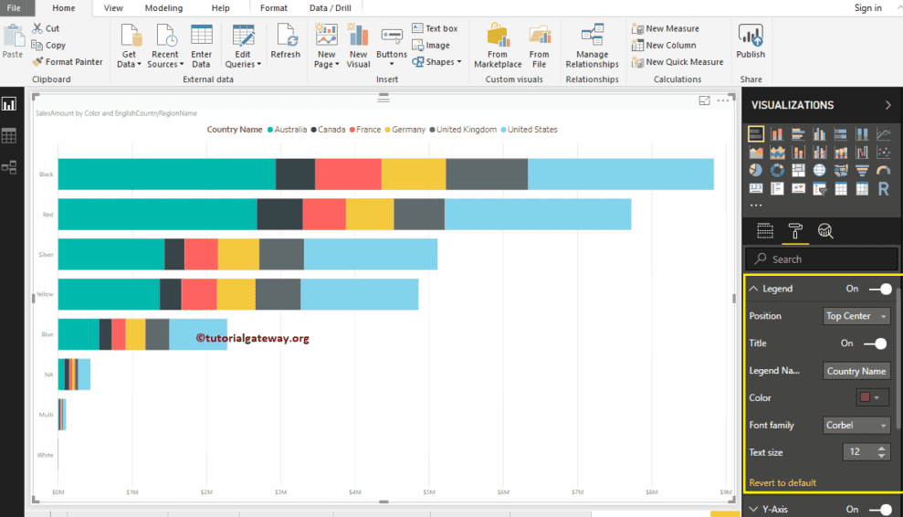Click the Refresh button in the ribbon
[285, 43]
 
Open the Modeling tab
[163, 8]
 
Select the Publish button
[751, 43]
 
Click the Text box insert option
[435, 28]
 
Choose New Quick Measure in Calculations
[677, 62]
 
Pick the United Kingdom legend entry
[465, 130]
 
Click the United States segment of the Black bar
[621, 174]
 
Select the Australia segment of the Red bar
[157, 214]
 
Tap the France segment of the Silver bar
[201, 254]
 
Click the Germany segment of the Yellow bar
[236, 294]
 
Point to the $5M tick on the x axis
[429, 493]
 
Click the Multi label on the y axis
[46, 415]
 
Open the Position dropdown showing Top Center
[856, 316]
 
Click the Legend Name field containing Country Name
[856, 371]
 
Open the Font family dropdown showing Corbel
[856, 425]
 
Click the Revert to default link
[782, 482]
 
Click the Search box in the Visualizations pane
[822, 259]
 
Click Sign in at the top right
[867, 8]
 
